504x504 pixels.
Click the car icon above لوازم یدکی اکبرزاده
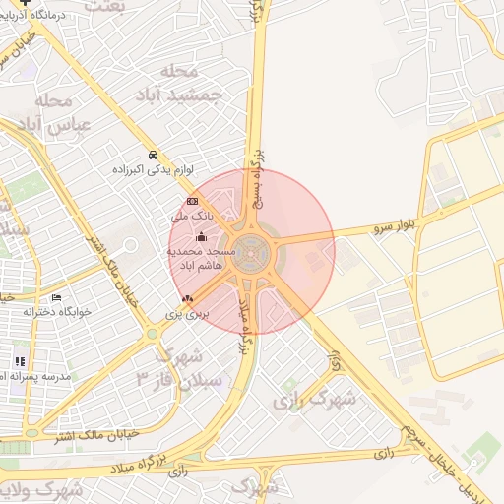pyautogui.click(x=153, y=156)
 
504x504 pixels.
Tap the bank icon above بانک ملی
pyautogui.click(x=192, y=201)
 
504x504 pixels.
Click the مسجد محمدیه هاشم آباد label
pyautogui.click(x=197, y=259)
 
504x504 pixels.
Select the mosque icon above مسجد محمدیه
pyautogui.click(x=202, y=236)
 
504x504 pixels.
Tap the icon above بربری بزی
pyautogui.click(x=188, y=298)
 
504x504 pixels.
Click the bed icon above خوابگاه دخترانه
pyautogui.click(x=56, y=297)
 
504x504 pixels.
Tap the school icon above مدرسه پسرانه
pyautogui.click(x=20, y=361)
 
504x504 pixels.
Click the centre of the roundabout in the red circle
pyautogui.click(x=252, y=253)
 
